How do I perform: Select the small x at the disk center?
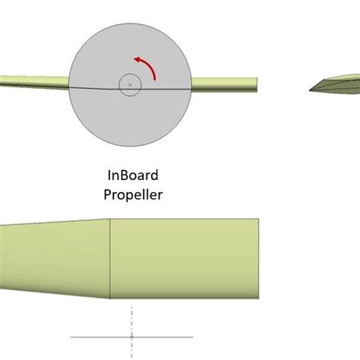tap(130, 84)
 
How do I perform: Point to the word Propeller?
tap(133, 194)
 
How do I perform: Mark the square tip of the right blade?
tap(255, 84)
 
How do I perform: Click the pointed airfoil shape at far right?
tap(334, 83)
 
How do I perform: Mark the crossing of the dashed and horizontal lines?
tap(131, 336)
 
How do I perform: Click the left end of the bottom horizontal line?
tap(71, 336)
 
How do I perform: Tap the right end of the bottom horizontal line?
tap(192, 336)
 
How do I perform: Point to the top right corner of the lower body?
tap(261, 219)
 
